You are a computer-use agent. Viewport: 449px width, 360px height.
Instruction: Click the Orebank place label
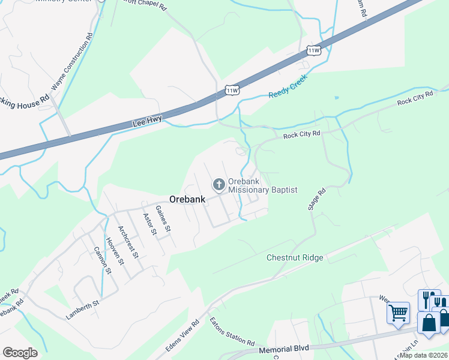[187, 199]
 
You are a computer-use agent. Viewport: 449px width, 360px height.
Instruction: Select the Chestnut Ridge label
[295, 257]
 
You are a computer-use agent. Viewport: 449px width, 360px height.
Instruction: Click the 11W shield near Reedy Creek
[232, 91]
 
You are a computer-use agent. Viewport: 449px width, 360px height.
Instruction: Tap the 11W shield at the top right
[313, 50]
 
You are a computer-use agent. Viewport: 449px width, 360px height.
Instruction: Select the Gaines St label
[163, 218]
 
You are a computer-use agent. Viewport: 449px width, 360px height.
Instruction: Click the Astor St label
[149, 223]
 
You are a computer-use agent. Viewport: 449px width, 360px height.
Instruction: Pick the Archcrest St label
[128, 242]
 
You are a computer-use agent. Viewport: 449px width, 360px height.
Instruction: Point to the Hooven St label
[114, 251]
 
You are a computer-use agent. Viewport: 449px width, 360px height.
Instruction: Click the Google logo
[20, 353]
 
